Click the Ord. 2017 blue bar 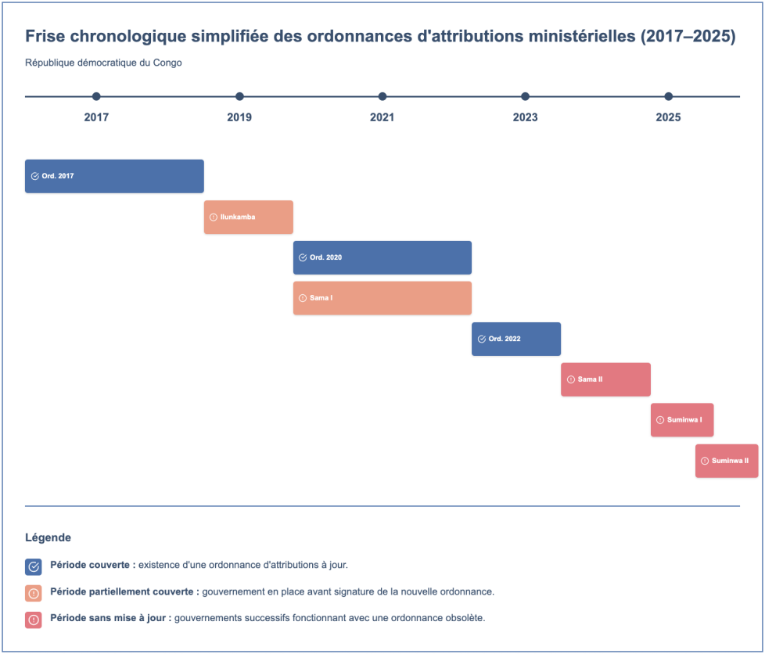coord(114,176)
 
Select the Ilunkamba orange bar coord(248,217)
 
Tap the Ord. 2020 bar coord(382,257)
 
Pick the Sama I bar coord(382,298)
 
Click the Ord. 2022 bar coord(516,339)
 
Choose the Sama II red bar coord(605,379)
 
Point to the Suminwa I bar coord(682,420)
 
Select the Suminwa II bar coord(727,461)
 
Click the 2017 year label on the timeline coord(96,117)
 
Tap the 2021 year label coord(382,117)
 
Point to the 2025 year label coord(669,117)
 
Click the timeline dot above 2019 coord(239,97)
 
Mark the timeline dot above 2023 coord(525,97)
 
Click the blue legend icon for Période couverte coord(34,566)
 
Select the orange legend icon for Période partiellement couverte coord(34,594)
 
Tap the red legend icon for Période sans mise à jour coord(34,620)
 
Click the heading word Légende coord(48,537)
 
